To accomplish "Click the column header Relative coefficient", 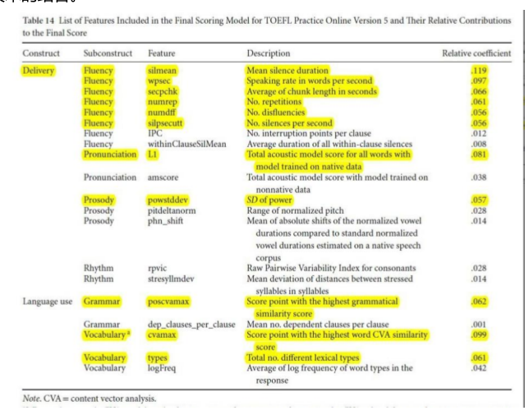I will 477,53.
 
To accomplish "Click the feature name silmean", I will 164,71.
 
